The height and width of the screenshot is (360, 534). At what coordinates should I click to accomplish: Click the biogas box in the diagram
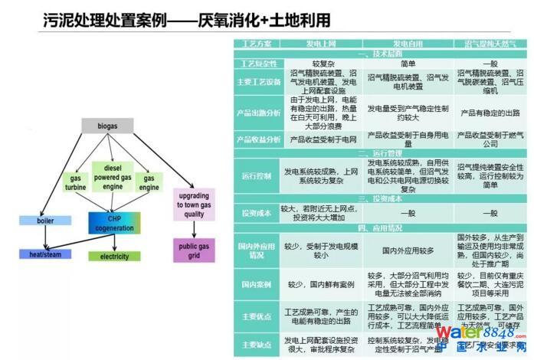(x=107, y=126)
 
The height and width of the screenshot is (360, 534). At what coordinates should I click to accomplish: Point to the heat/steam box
(x=45, y=254)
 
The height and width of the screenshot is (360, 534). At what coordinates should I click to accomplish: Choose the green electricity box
(x=114, y=256)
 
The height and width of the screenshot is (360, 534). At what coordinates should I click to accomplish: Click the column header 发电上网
(x=320, y=44)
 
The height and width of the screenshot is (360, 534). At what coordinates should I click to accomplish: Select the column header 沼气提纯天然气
(x=490, y=44)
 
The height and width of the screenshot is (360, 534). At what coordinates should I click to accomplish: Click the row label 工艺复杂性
(x=257, y=64)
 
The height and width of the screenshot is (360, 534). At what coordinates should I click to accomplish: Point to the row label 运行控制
(x=257, y=175)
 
